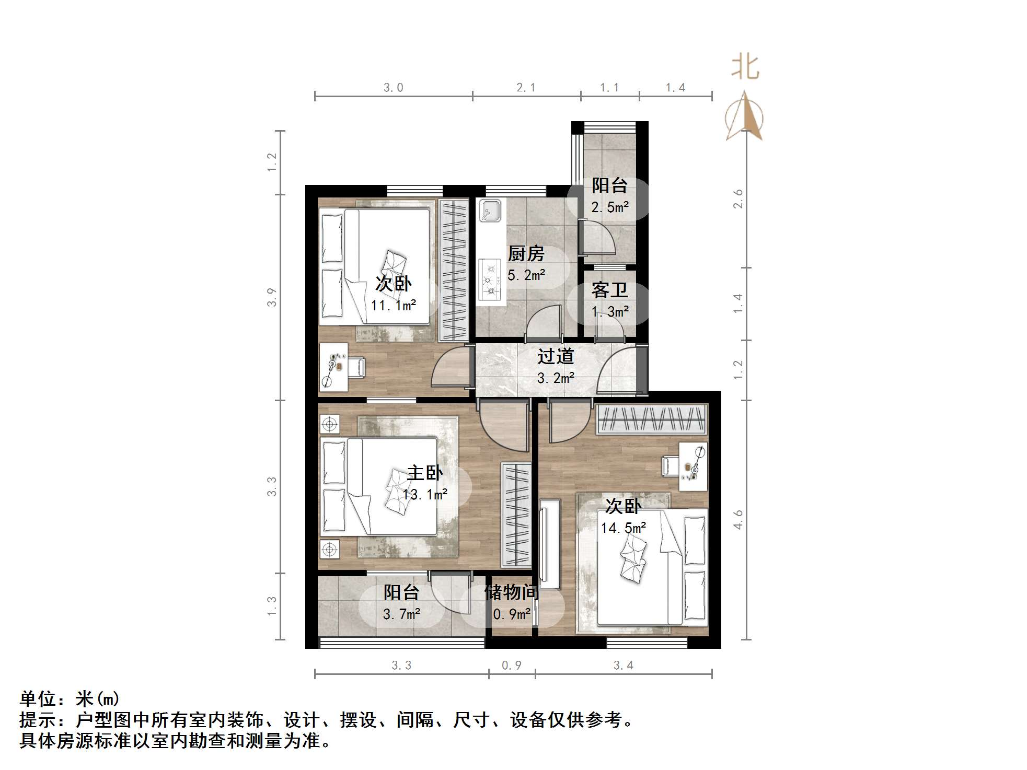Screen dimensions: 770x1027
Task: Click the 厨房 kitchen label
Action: [526, 254]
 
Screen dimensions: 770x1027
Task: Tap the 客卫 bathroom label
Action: [609, 290]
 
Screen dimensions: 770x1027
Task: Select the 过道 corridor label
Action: [556, 356]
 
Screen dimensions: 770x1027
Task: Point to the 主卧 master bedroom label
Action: [424, 473]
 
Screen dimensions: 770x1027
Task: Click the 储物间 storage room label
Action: [511, 592]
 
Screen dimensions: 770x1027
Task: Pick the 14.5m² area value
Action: [623, 528]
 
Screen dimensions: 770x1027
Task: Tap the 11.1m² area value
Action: [393, 305]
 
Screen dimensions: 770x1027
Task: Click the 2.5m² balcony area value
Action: [609, 207]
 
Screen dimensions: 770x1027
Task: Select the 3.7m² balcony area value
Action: [401, 614]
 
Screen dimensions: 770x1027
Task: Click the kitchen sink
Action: [489, 210]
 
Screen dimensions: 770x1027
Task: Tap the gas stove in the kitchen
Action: [490, 280]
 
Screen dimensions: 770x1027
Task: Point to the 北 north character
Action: [745, 68]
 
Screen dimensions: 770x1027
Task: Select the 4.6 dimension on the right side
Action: [738, 520]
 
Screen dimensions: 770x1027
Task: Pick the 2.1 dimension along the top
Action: [526, 88]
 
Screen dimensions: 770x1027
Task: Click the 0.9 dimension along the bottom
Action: [511, 666]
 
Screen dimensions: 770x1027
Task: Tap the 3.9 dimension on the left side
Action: [272, 298]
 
